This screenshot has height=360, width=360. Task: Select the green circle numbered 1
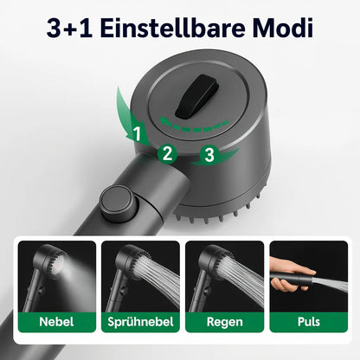136,133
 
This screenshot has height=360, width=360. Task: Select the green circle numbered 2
168,155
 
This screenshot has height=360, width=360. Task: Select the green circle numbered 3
208,157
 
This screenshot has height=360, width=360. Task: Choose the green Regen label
224,320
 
